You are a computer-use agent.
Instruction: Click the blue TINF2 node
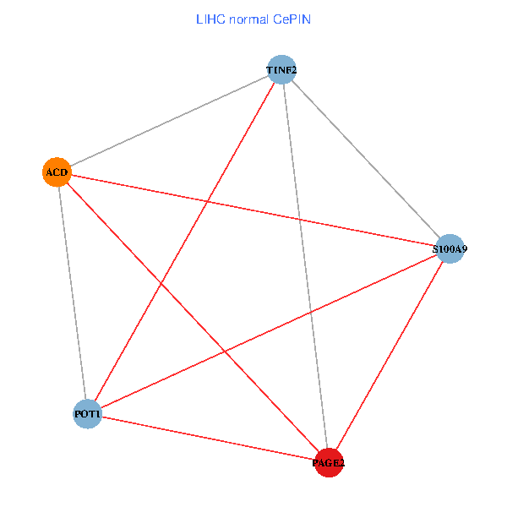281,69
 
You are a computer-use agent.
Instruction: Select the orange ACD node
56,172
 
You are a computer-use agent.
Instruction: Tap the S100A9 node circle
450,248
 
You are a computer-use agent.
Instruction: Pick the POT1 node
87,414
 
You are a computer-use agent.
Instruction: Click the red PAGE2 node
329,462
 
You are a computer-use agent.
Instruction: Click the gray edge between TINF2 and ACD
169,121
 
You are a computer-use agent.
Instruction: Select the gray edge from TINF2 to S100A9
366,159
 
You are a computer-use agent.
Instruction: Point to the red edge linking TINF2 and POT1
184,242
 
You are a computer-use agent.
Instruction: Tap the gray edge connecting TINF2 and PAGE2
305,266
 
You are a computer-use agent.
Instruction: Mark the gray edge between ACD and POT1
72,293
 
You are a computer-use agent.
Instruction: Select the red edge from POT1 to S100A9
269,331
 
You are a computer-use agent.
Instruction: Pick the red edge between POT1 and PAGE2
208,438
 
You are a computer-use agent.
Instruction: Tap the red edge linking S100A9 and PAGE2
390,355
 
